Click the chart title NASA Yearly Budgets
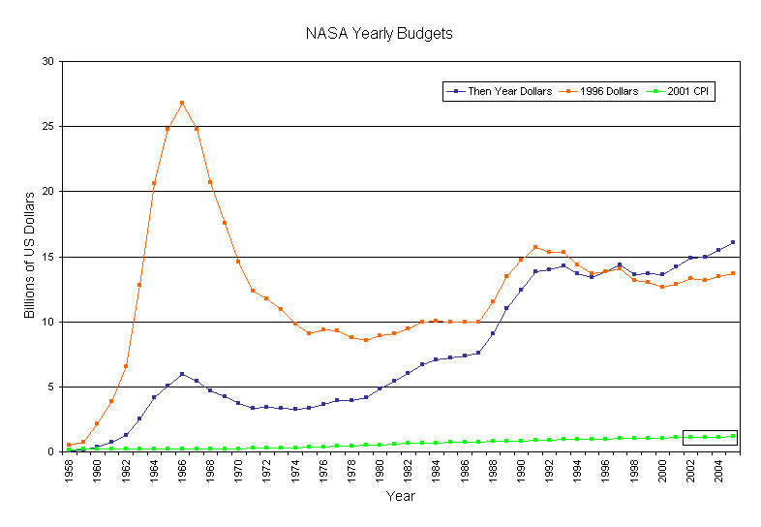(x=380, y=34)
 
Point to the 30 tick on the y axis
(x=47, y=61)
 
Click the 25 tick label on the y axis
(x=47, y=126)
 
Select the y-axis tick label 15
(x=47, y=257)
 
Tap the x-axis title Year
(x=401, y=496)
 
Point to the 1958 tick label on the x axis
(x=69, y=470)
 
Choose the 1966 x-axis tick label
(x=182, y=470)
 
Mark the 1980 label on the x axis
(x=380, y=470)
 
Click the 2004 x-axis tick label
(x=718, y=470)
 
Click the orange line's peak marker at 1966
(x=182, y=103)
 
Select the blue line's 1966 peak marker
(x=182, y=374)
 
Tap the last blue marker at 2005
(x=733, y=242)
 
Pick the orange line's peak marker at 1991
(x=535, y=247)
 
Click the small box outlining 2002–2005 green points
(x=710, y=437)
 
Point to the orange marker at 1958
(x=69, y=445)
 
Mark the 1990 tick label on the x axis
(x=521, y=470)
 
